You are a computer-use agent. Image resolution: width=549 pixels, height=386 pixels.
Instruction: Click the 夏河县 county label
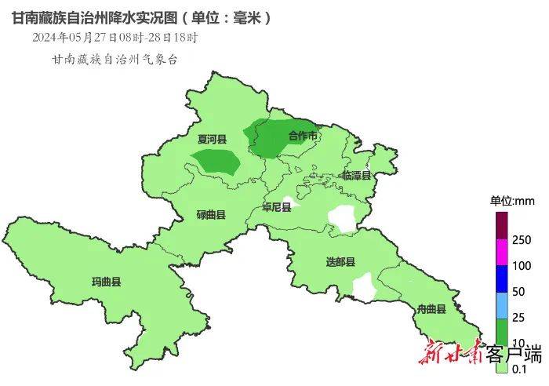pos(211,140)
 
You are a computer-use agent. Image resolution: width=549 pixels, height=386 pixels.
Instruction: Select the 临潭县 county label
pos(356,176)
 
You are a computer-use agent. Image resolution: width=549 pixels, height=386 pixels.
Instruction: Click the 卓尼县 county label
pos(277,208)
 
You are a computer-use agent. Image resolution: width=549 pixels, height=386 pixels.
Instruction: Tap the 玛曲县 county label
pos(107,282)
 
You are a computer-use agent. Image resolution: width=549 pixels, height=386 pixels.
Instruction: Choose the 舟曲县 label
pos(431,309)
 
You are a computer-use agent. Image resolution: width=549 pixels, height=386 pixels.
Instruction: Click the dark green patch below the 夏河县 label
pos(216,161)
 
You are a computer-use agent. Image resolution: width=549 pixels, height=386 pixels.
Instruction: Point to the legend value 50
pos(518,292)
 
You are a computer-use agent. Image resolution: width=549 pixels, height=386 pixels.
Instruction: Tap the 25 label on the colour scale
pos(518,318)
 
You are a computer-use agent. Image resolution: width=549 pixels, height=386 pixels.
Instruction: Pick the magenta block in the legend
pos(501,252)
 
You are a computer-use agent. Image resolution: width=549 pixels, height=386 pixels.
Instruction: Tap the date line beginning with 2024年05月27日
pos(115,37)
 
